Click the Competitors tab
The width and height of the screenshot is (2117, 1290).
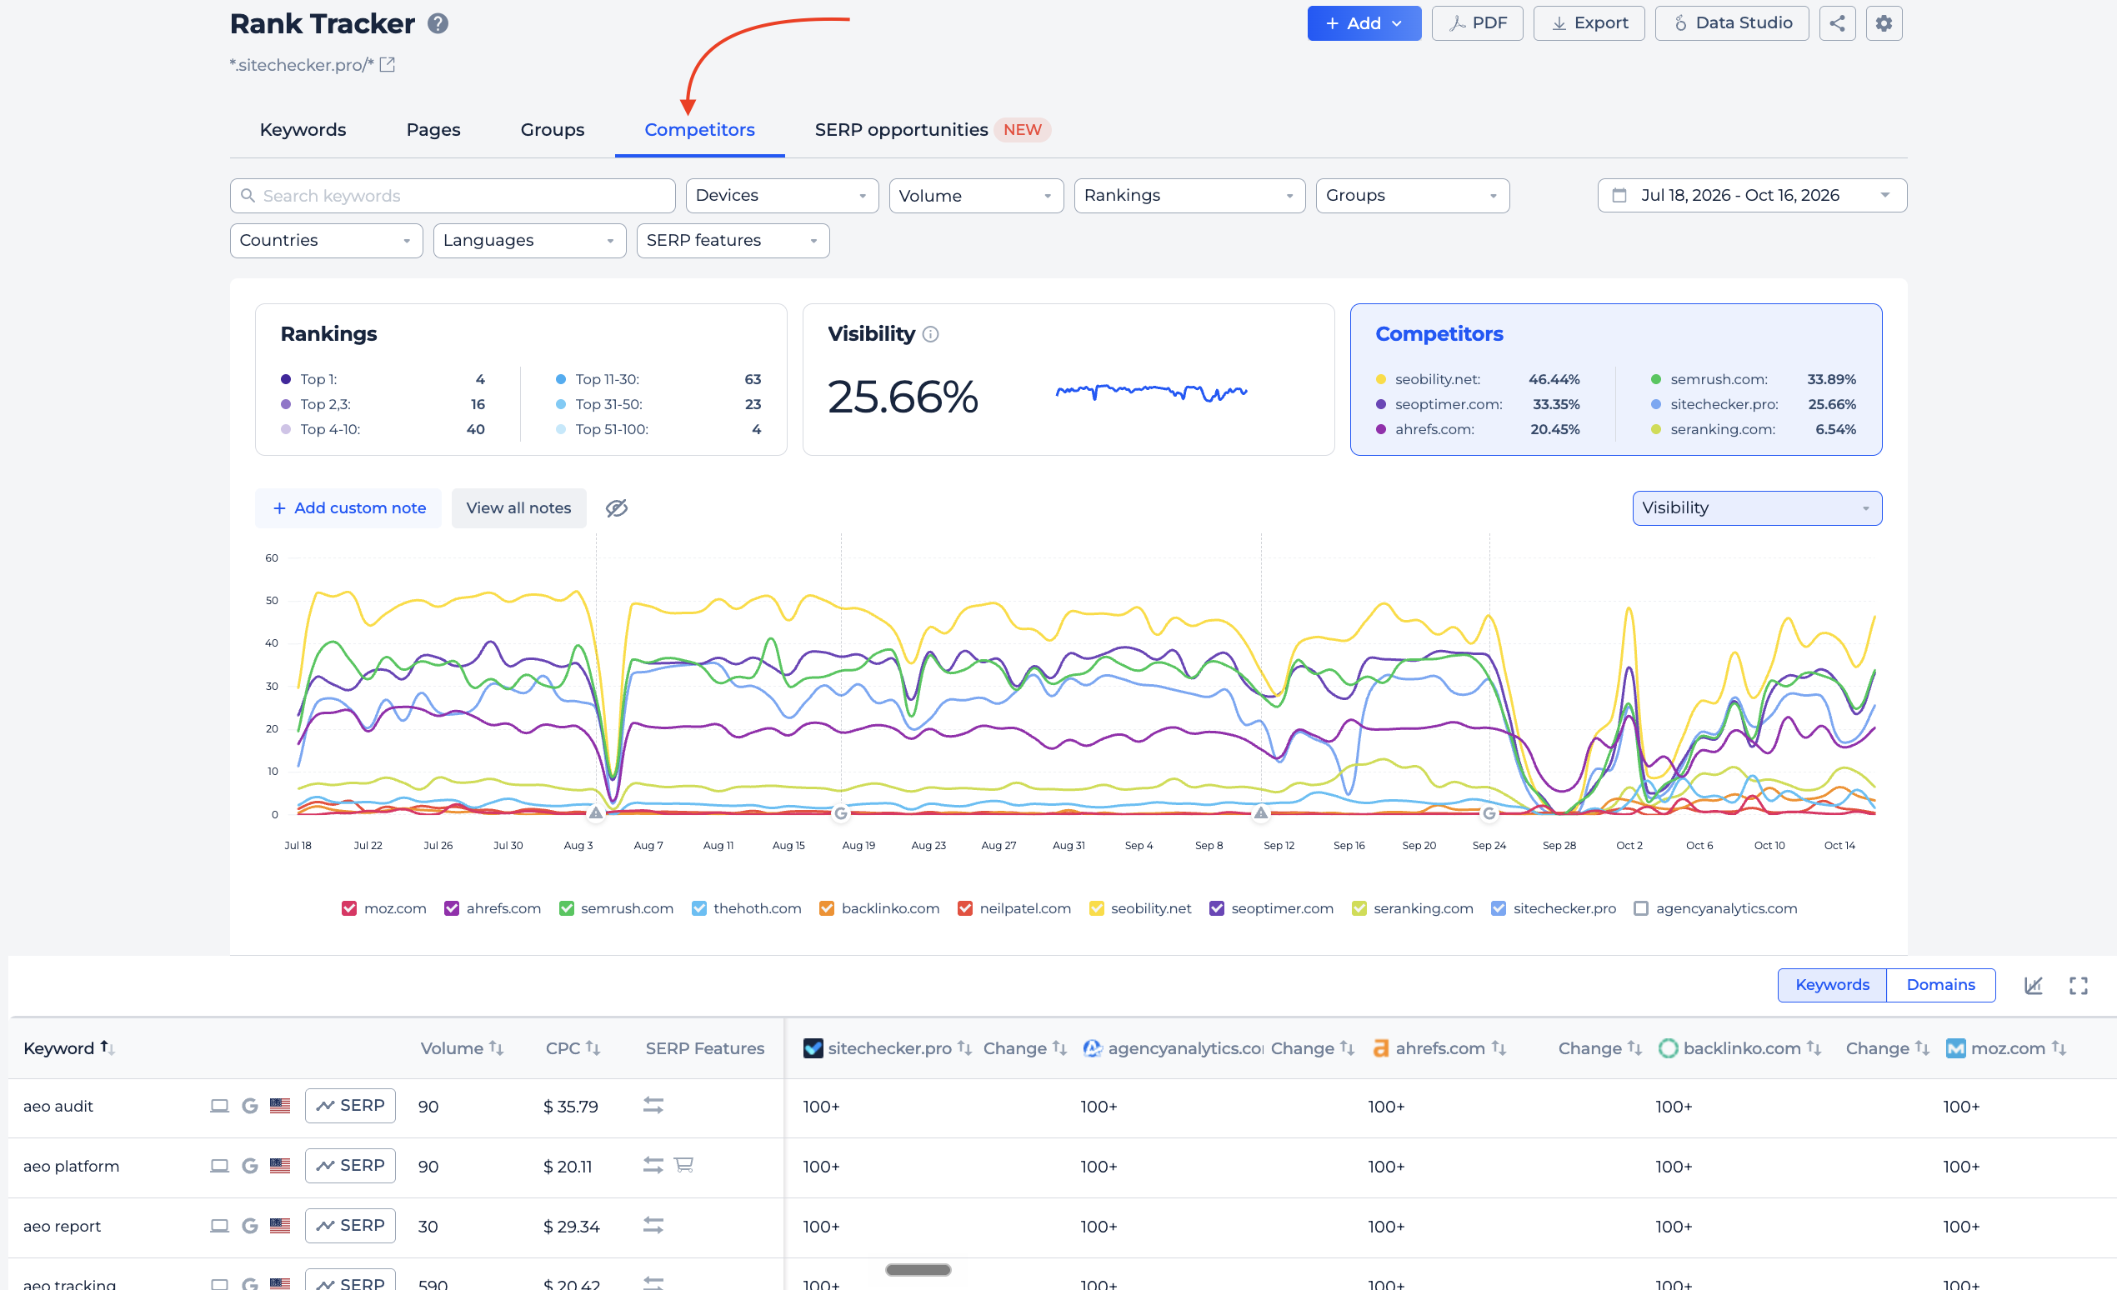click(x=699, y=130)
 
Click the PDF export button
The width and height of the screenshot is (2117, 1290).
click(x=1477, y=23)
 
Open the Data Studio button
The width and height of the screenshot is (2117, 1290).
click(x=1731, y=23)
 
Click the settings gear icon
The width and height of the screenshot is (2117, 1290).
click(x=1884, y=23)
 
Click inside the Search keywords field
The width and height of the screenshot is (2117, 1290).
click(x=453, y=196)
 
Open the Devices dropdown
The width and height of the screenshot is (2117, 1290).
click(x=782, y=196)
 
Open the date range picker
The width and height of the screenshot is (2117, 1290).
click(x=1752, y=196)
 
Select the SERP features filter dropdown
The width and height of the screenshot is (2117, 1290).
click(x=733, y=241)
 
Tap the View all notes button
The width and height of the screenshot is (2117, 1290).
click(x=519, y=508)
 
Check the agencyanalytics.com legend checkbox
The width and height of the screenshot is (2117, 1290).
click(x=1641, y=908)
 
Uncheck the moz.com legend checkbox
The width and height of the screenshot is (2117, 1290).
click(x=349, y=908)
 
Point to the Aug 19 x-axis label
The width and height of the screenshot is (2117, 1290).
click(x=858, y=846)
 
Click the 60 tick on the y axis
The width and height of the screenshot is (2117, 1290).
click(x=272, y=558)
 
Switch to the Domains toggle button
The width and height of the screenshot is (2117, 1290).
click(x=1940, y=985)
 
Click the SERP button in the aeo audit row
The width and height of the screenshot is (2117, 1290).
click(x=350, y=1106)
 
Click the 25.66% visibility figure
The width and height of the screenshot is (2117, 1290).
click(x=903, y=397)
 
